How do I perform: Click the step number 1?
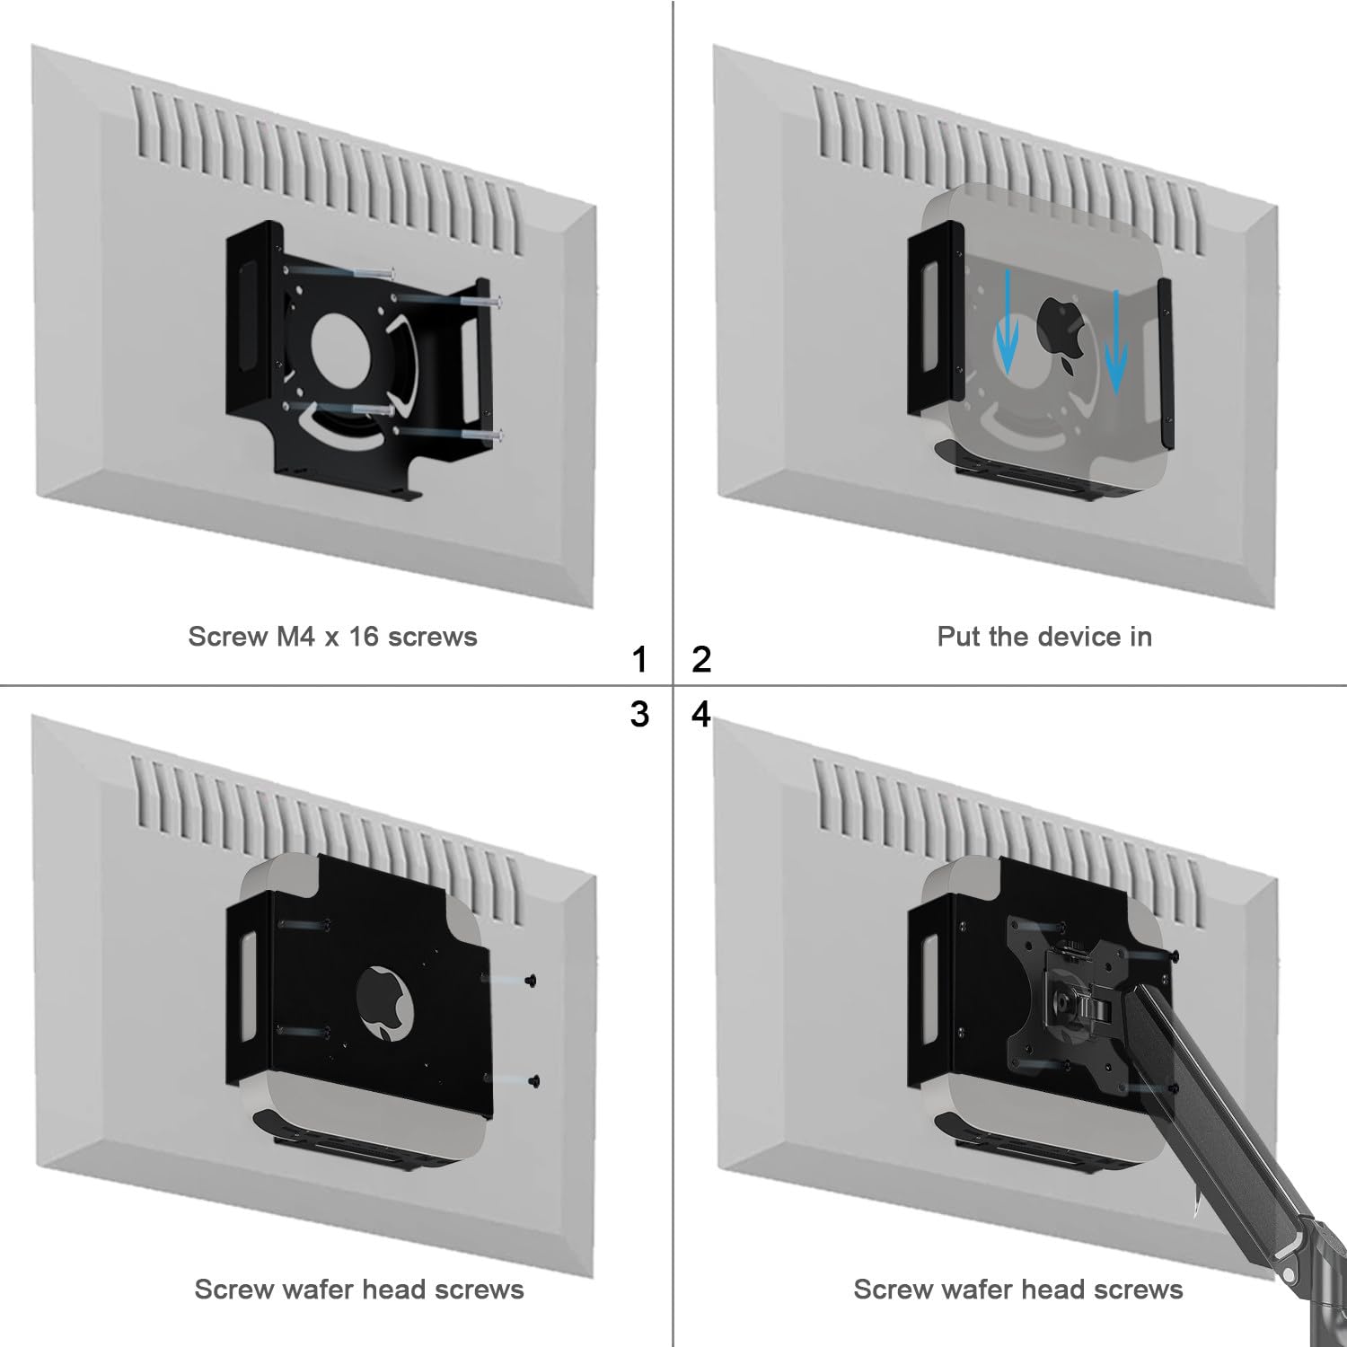(x=639, y=660)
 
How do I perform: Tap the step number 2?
(x=701, y=660)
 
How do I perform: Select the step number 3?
(x=639, y=715)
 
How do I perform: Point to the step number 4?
(x=701, y=715)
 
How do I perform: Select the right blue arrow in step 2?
(x=1116, y=342)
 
